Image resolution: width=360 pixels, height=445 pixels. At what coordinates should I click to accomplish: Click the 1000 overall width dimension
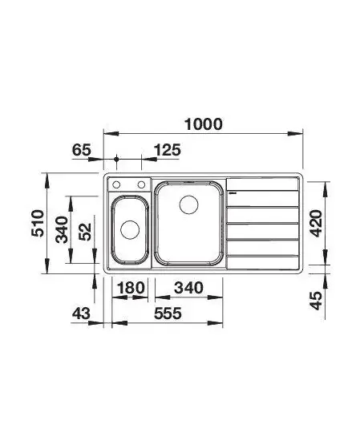click(204, 124)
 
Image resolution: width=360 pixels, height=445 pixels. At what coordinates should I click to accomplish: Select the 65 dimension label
click(82, 150)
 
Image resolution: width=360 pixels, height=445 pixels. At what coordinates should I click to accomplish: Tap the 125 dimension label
click(168, 150)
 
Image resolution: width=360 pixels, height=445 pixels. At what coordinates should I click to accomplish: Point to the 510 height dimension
click(38, 223)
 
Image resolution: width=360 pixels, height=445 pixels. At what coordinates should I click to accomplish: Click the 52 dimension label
click(85, 232)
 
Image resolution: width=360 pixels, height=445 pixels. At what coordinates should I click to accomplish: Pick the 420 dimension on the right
click(316, 224)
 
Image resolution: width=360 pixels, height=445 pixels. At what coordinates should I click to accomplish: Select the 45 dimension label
click(316, 301)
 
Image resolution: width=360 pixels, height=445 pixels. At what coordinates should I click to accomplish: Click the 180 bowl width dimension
click(131, 288)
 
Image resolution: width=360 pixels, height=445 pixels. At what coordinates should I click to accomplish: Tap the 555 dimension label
click(168, 314)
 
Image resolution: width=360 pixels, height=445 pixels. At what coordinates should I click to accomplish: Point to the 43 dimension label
click(81, 314)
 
